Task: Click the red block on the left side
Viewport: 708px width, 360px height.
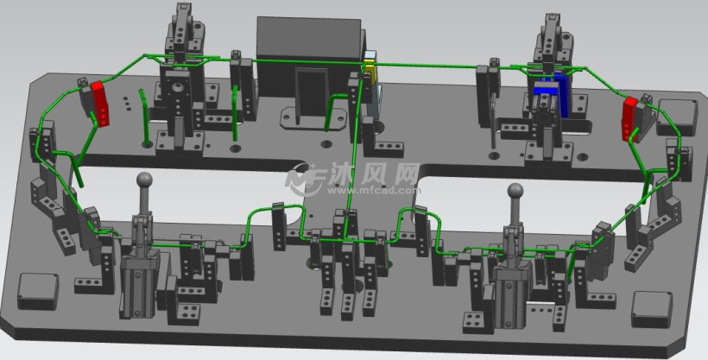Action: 100,104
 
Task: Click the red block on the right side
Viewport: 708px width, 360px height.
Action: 629,119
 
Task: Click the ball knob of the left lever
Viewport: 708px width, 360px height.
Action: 144,180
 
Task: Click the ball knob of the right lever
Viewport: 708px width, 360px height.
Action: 515,190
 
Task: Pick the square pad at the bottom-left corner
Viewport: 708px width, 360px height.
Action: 38,291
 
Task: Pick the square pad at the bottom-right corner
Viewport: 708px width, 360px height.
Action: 652,309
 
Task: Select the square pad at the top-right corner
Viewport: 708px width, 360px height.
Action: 677,117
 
